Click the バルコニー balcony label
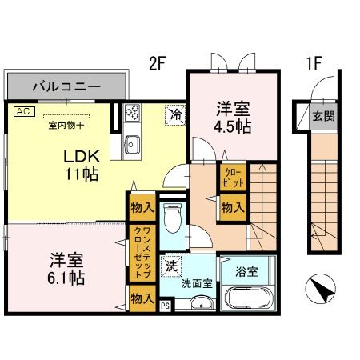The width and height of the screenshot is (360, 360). (x=66, y=84)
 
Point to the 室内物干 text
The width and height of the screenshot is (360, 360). (x=67, y=124)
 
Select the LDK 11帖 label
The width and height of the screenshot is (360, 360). (x=80, y=164)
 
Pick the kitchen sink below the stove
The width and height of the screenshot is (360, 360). (x=132, y=146)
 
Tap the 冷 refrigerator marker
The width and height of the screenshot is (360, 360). (x=174, y=114)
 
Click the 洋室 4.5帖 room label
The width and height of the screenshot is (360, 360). (x=233, y=118)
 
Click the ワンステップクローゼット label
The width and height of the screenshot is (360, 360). (x=145, y=254)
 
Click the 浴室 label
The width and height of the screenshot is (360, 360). (x=248, y=270)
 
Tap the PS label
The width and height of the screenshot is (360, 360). (x=166, y=306)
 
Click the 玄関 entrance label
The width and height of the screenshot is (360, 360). (x=323, y=116)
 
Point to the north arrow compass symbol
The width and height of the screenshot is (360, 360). (x=320, y=289)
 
